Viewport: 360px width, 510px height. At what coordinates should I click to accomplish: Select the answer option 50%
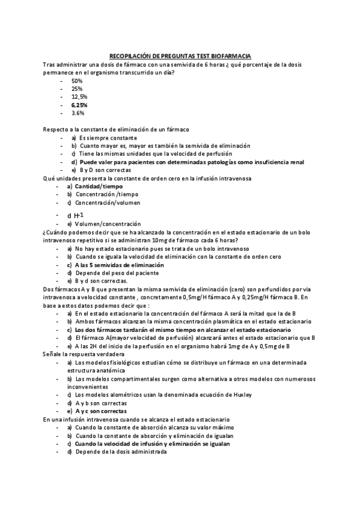[x=77, y=80]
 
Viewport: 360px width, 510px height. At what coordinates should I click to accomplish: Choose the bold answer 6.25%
[x=79, y=105]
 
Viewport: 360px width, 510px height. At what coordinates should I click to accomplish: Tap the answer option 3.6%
[x=78, y=112]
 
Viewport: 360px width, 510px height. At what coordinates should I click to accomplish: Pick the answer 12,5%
[x=79, y=96]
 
